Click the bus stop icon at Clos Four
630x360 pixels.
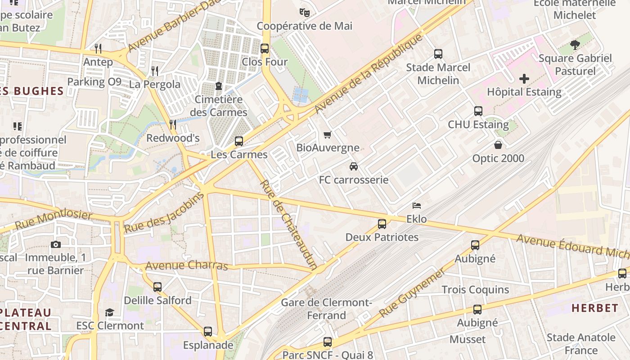pos(265,48)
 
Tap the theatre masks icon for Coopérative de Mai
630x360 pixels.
pos(305,13)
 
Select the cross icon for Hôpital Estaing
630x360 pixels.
pos(524,79)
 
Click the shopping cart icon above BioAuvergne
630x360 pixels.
pos(328,135)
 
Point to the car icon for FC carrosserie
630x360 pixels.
pos(354,166)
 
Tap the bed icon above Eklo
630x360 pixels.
pos(417,206)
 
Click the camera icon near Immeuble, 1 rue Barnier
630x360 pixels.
pos(56,244)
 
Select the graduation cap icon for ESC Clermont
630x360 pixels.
pos(109,312)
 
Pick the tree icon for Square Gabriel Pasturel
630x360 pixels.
pos(575,45)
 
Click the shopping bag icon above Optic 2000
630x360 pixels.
pos(498,145)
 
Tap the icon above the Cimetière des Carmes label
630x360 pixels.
pos(219,85)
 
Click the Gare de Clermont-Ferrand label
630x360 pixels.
pos(326,309)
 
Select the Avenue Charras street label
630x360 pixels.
pos(187,265)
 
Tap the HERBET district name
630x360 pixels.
pos(595,308)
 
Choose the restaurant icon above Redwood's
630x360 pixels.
pos(173,124)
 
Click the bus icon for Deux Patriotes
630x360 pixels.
pos(382,224)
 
